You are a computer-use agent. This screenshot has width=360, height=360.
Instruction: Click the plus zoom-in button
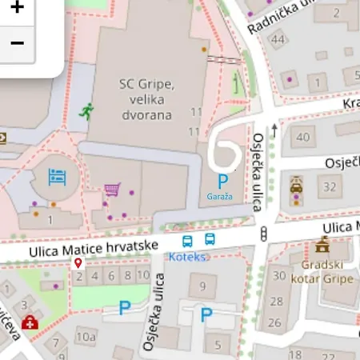tap(17, 10)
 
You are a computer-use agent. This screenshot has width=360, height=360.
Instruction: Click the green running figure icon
tap(86, 112)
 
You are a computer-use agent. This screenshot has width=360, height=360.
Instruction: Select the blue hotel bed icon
tap(56, 175)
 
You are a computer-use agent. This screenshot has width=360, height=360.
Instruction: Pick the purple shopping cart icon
tap(113, 190)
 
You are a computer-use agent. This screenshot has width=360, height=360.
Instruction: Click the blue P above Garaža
tap(222, 182)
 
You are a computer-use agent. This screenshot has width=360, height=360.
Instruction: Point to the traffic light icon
tap(263, 234)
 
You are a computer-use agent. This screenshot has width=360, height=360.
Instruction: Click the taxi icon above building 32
tap(297, 186)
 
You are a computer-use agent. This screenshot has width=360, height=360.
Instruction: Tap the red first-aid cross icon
tap(30, 322)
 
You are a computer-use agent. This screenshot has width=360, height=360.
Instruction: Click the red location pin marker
tap(78, 263)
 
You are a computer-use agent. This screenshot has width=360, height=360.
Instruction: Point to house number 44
tap(278, 40)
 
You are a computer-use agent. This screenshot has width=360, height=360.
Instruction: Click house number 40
tap(302, 137)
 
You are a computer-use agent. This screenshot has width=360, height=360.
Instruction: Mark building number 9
tap(202, 286)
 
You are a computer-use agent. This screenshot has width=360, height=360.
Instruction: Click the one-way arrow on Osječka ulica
tap(274, 128)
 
